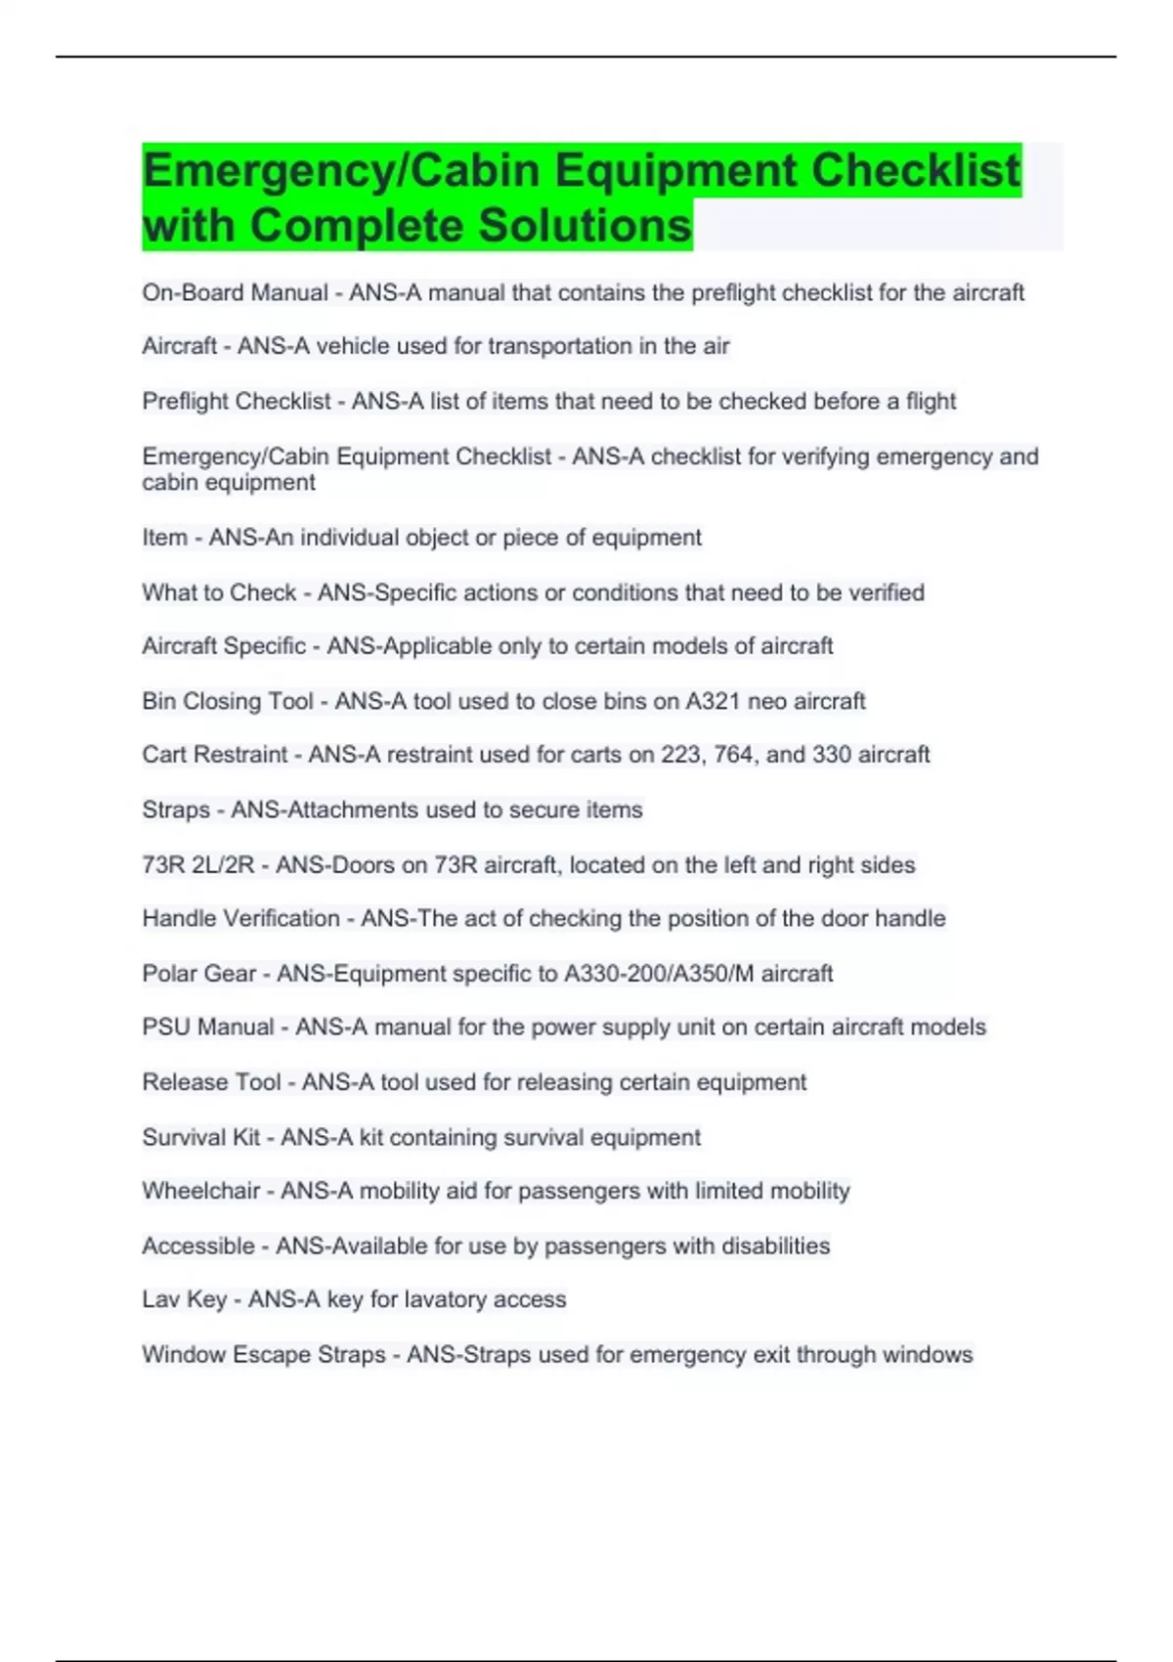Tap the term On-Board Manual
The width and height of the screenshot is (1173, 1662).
point(235,292)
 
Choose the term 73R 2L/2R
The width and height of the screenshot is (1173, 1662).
point(198,864)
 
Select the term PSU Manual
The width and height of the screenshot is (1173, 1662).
point(208,1027)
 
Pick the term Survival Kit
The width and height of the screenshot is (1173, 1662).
point(201,1137)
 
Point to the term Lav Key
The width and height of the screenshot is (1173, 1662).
point(184,1299)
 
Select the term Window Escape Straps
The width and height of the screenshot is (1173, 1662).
point(263,1354)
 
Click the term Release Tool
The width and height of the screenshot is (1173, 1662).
point(211,1082)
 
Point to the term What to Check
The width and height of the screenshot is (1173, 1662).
point(219,592)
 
